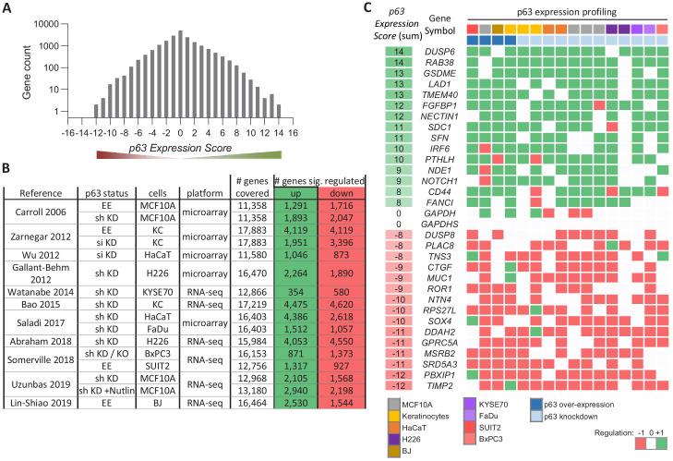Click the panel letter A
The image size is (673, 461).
pyautogui.click(x=7, y=8)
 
